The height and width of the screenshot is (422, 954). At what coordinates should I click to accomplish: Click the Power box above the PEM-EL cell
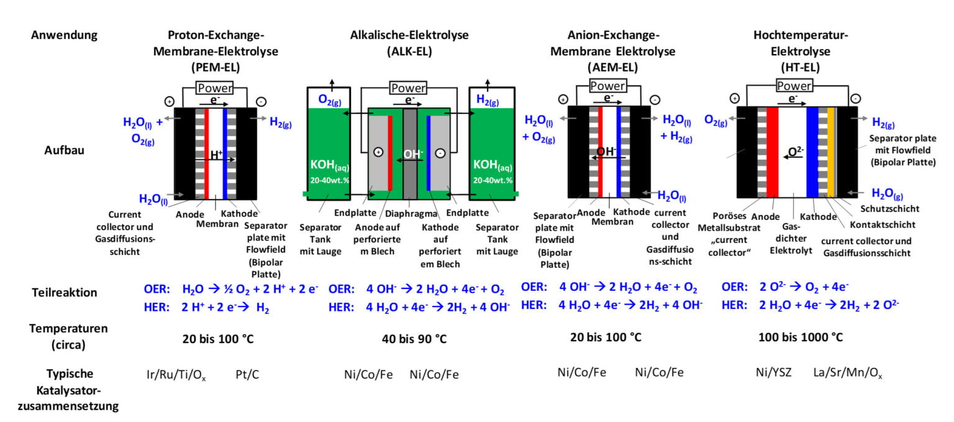215,88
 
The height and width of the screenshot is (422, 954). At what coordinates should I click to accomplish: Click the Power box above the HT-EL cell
794,86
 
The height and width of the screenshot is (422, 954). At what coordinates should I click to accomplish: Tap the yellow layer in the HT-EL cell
830,152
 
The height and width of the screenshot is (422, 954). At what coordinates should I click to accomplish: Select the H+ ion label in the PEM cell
216,155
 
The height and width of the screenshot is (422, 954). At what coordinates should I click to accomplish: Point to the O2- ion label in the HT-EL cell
796,151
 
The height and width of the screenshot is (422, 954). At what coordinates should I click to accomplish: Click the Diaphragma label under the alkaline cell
411,213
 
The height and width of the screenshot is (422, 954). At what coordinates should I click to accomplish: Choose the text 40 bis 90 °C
414,339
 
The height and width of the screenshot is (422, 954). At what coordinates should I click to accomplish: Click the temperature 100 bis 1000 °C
800,337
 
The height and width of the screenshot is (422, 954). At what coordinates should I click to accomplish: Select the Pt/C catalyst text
247,374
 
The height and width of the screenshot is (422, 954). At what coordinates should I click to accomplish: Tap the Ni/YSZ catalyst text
773,372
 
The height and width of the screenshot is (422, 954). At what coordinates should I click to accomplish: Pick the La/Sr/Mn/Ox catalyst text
848,373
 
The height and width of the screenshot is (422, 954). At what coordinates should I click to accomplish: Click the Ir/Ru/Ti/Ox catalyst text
176,375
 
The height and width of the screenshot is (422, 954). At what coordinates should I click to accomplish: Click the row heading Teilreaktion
65,292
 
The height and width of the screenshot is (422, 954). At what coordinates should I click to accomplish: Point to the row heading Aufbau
65,150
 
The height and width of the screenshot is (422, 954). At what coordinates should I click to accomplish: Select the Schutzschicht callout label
889,209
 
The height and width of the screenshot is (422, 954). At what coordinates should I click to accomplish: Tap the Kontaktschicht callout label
883,224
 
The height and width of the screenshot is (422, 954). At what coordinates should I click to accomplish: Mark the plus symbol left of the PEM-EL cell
170,101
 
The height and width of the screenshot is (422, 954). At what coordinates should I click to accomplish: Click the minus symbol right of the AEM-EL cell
655,99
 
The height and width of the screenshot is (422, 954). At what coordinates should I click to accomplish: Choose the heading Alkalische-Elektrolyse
409,35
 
